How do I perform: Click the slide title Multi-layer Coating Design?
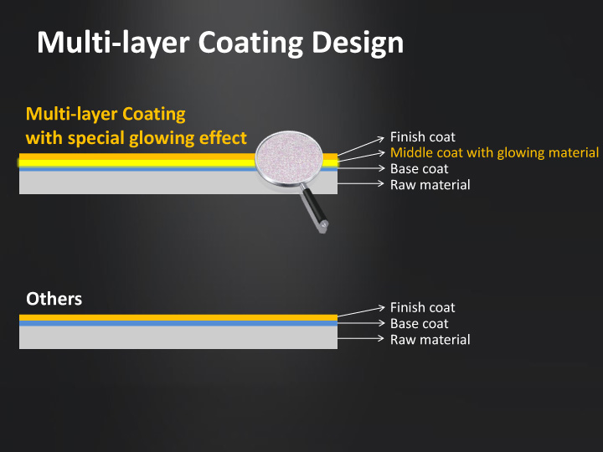[220, 43]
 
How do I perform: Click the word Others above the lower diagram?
[54, 299]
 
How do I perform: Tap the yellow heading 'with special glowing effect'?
[137, 138]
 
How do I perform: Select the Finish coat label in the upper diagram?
[423, 136]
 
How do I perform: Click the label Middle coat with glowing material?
[495, 152]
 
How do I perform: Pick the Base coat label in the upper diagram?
[420, 169]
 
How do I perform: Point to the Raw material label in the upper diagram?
[430, 185]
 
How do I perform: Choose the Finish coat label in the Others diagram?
[423, 307]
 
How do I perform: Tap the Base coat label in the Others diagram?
[420, 324]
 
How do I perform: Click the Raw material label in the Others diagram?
[430, 340]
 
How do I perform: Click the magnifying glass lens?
[289, 158]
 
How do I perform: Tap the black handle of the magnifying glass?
[315, 208]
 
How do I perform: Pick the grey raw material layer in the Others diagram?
[178, 337]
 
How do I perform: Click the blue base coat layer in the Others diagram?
[178, 324]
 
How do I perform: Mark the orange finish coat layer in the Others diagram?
[178, 318]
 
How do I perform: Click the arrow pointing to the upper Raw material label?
[361, 183]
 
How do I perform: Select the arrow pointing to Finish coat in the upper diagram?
[361, 146]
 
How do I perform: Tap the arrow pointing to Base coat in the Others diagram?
[361, 323]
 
